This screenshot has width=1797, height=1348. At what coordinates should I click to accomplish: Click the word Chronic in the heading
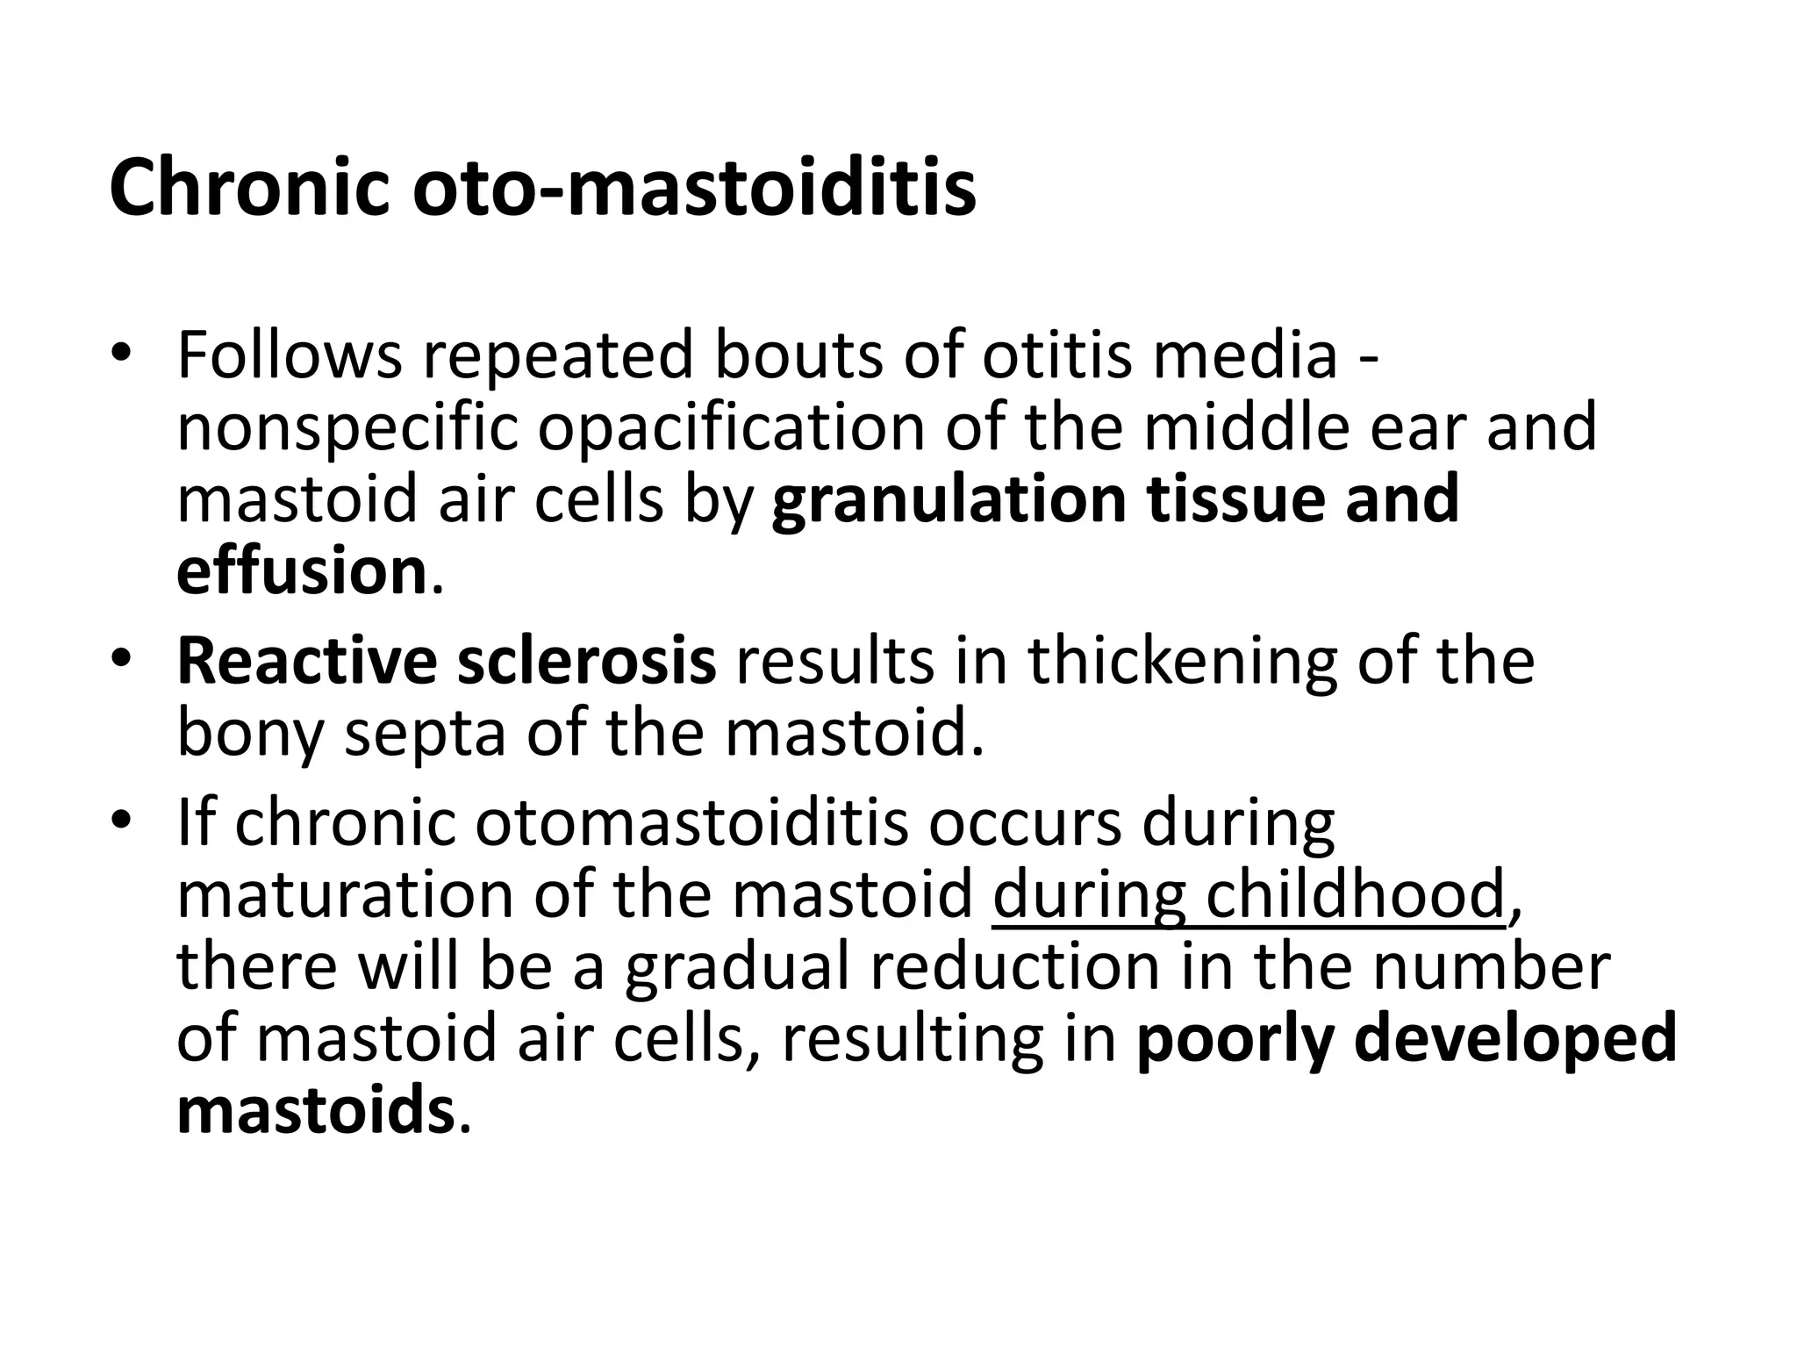coord(249,188)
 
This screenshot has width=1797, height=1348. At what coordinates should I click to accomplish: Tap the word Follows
coord(290,355)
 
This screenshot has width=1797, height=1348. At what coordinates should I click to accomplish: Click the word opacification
coord(730,429)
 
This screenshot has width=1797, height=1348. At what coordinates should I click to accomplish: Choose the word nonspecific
coord(347,429)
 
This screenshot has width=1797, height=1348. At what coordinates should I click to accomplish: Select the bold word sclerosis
coord(587,661)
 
